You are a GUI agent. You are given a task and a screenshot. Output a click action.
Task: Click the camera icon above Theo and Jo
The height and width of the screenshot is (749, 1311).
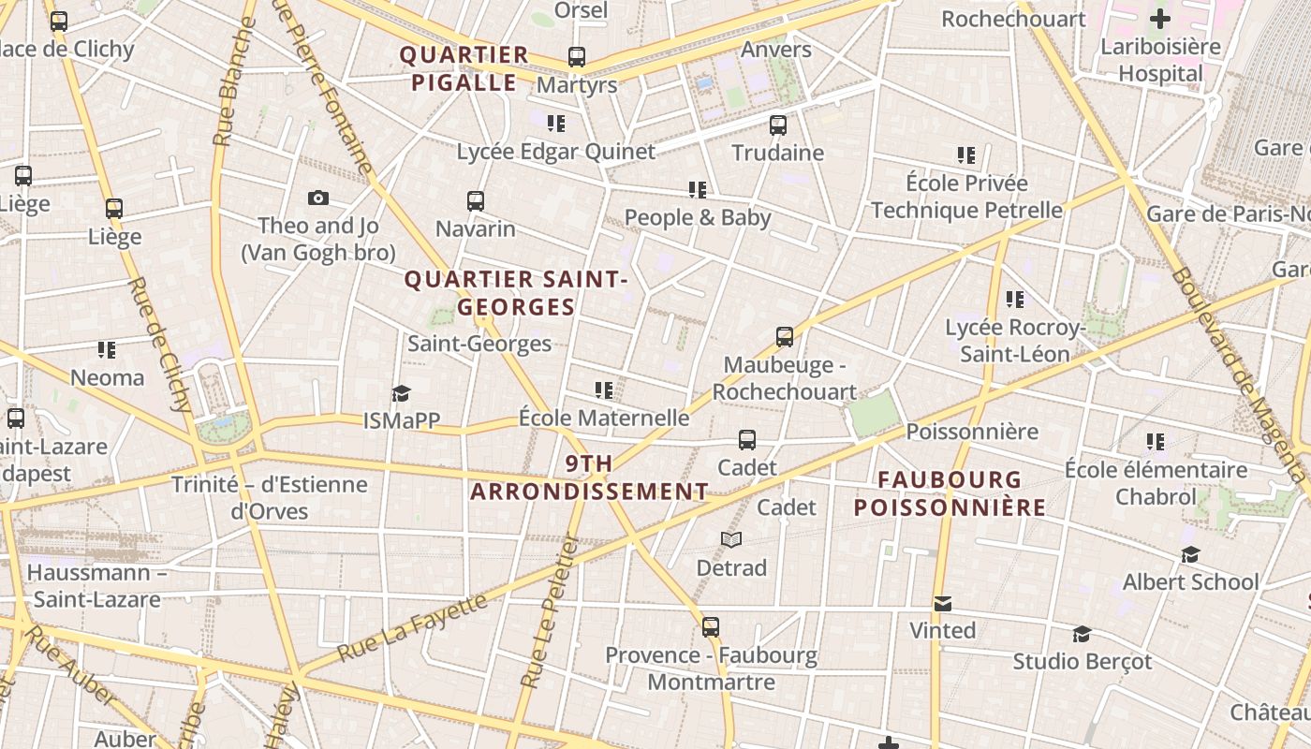tap(318, 198)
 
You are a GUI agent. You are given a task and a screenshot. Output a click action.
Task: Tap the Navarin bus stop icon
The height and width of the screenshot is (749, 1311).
tap(476, 201)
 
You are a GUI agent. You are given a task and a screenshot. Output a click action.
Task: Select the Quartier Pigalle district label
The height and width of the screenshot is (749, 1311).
tap(464, 68)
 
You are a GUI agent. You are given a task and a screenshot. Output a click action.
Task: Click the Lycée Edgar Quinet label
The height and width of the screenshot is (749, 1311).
tap(555, 152)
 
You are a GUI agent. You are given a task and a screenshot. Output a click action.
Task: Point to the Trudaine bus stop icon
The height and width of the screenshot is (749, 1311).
tap(777, 125)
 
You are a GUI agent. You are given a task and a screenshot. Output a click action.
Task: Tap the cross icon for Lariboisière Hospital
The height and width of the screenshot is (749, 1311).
tap(1160, 18)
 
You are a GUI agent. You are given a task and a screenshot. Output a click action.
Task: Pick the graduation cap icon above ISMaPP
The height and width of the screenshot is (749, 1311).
tap(402, 394)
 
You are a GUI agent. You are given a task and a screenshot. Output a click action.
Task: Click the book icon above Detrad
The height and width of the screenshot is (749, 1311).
tap(731, 540)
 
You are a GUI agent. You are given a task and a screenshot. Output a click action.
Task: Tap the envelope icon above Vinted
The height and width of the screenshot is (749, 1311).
tap(943, 604)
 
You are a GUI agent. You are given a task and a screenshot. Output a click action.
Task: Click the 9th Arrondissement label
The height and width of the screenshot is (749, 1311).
tap(589, 477)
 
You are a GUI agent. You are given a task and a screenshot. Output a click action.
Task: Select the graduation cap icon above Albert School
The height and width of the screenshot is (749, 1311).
tap(1190, 555)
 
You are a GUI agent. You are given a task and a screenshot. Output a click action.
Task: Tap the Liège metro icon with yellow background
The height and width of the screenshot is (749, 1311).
tap(114, 209)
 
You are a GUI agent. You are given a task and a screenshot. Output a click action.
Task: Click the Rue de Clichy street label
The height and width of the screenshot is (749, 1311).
tap(159, 345)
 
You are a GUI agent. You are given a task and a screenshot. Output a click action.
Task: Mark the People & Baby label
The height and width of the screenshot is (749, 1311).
tap(698, 218)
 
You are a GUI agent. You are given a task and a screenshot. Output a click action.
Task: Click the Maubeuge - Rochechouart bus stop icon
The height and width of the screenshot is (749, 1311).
tap(785, 337)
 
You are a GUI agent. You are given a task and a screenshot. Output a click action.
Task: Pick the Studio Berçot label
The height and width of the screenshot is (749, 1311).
tap(1082, 662)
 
